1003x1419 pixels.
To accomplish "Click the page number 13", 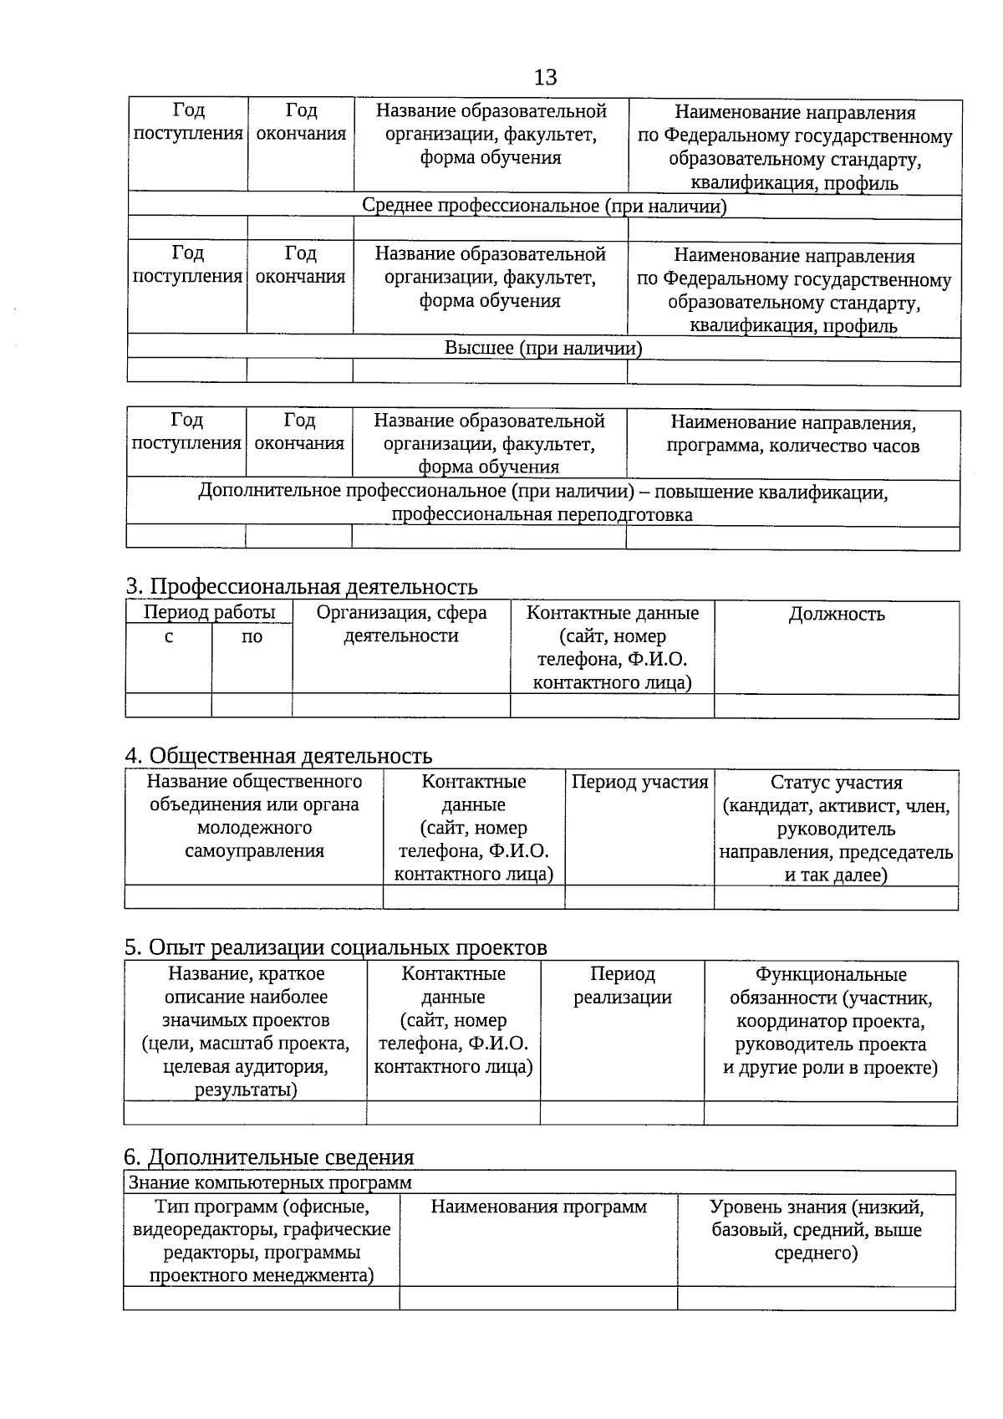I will pos(545,78).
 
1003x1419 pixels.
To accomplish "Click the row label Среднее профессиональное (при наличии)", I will pos(544,206).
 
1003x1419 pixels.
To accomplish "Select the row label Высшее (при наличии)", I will pos(543,348).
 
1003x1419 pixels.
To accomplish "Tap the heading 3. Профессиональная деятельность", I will pos(302,586).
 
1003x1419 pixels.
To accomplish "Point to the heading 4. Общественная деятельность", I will pos(278,756).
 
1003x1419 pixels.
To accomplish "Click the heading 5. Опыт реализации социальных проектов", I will pos(335,947).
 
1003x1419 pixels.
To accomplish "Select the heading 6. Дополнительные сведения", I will pos(269,1157).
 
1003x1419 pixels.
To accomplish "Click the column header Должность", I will pos(837,615).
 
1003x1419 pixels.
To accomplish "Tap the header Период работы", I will pos(210,612).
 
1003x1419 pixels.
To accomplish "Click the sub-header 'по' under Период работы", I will pos(252,637).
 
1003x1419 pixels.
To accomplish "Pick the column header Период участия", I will pos(640,783).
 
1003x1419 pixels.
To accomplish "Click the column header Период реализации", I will pos(623,986).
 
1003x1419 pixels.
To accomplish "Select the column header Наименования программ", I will pos(539,1207).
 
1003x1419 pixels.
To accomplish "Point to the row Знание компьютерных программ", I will pos(270,1182).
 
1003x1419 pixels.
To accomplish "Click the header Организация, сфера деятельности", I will pos(401,624).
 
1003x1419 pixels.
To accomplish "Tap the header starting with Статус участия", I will pos(837,829).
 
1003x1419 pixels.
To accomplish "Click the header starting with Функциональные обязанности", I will pos(831,1021).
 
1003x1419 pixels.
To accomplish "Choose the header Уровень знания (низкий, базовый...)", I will pos(817,1230).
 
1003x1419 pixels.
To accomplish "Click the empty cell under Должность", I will pos(837,707).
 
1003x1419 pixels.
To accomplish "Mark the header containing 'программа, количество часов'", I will pos(793,435).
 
